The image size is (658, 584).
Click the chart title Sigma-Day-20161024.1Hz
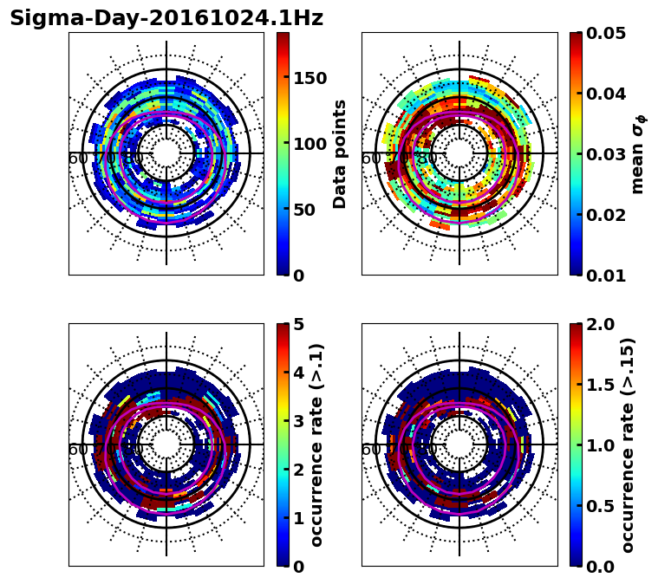[x=166, y=19]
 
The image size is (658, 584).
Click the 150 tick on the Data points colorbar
[x=309, y=78]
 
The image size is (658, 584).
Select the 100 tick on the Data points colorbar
[x=309, y=144]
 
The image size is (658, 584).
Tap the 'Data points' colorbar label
[x=340, y=154]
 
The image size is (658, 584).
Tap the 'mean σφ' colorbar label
[x=638, y=154]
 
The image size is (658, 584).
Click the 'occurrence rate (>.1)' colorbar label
[x=317, y=445]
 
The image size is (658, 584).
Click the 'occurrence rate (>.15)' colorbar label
[x=628, y=445]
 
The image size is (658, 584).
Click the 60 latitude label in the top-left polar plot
[x=78, y=159]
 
